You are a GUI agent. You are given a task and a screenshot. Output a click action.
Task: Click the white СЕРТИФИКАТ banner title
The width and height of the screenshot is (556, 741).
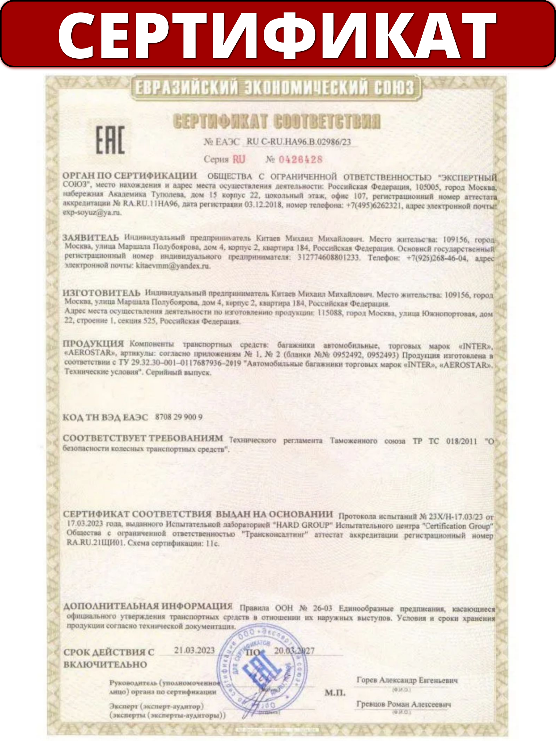(277, 35)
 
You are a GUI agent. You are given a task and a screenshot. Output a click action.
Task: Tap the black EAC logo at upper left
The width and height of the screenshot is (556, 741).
(110, 140)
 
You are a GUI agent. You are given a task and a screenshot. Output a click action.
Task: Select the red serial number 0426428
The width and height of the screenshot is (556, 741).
(300, 159)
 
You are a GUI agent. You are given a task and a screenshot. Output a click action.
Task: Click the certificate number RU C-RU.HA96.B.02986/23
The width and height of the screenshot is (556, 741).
(299, 142)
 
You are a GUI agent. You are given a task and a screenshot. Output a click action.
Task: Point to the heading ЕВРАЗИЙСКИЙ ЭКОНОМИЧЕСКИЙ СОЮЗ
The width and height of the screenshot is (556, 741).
(275, 88)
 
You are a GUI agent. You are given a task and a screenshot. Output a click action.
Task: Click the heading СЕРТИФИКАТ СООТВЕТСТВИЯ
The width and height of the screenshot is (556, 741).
(277, 122)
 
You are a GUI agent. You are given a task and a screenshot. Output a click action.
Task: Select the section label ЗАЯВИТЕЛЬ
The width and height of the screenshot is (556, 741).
(91, 237)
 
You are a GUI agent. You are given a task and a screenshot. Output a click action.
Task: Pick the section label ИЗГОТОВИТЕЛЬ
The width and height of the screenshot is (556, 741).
(102, 293)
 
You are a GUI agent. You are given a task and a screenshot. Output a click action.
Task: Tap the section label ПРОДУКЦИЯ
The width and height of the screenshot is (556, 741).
(93, 343)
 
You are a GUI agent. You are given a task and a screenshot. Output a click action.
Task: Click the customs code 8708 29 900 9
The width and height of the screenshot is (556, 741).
(179, 417)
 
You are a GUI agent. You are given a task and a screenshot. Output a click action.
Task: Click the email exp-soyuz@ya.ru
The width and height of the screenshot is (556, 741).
(92, 212)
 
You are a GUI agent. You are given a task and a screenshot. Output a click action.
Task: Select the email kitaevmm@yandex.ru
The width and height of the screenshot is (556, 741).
(173, 266)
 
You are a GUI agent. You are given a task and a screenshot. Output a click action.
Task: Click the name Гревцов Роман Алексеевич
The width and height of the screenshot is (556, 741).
(403, 704)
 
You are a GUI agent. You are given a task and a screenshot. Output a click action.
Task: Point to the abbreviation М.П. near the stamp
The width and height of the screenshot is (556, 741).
(335, 693)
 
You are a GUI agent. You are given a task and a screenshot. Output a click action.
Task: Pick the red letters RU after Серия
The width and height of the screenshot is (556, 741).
(239, 159)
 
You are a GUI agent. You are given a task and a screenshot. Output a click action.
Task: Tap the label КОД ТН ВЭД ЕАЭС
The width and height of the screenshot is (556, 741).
(105, 417)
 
